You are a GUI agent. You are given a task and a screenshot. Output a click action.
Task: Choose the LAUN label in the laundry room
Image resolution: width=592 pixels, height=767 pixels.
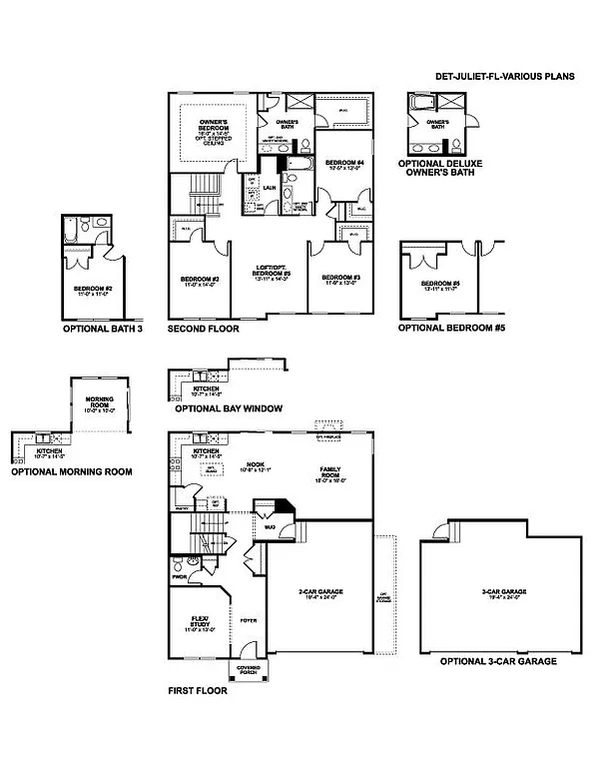point(270,186)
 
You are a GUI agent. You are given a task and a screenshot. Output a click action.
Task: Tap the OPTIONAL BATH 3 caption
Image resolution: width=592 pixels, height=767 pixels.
point(97,328)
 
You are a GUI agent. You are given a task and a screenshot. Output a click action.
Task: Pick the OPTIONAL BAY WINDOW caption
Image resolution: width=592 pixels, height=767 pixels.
point(228,408)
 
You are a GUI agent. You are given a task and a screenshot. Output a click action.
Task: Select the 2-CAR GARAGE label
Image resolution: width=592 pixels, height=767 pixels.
point(320,591)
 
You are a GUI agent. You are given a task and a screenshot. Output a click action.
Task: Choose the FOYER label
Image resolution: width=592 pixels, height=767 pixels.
point(248,620)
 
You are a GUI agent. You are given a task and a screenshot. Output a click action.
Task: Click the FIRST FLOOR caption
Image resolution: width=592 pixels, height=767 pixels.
point(197,691)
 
